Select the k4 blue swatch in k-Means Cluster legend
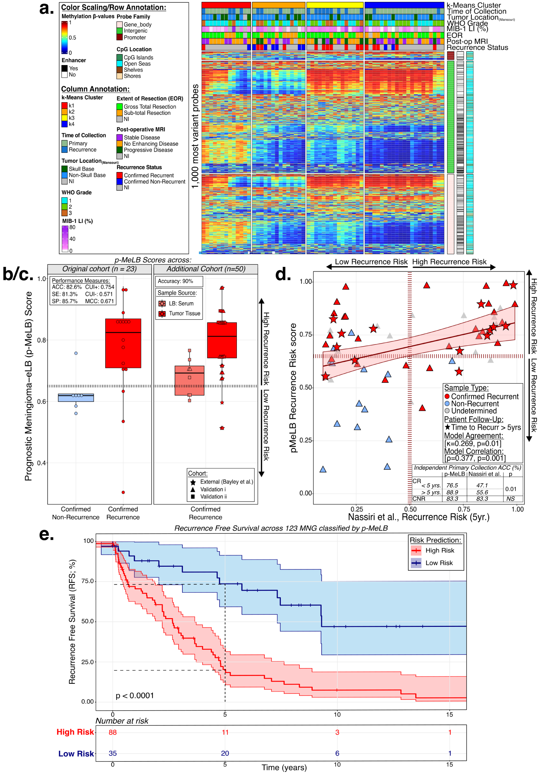[64, 124]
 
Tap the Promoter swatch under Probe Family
[120, 38]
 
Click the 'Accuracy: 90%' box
[179, 281]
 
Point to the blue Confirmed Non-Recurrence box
[76, 398]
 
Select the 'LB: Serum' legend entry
[181, 303]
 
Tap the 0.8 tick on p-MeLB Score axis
[42, 340]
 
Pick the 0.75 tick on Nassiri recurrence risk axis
[464, 509]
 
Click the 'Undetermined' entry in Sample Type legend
[474, 411]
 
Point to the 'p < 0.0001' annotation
[135, 696]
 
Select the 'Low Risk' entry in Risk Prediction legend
[439, 563]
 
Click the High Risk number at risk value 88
[113, 732]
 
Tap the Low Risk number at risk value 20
[225, 753]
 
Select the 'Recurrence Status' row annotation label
[477, 48]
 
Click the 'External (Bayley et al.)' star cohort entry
[226, 482]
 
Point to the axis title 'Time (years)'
[284, 767]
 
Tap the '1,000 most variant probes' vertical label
[195, 136]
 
